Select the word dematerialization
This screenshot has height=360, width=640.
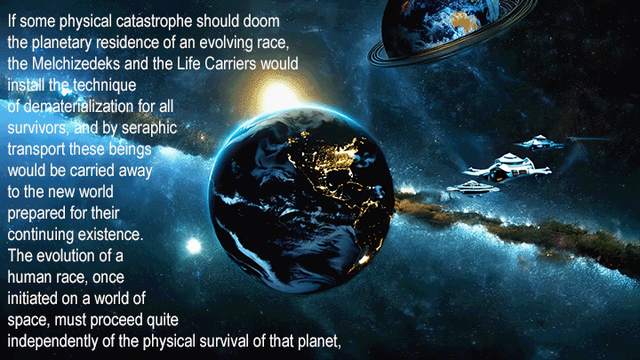click(x=78, y=106)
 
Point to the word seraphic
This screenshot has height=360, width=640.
click(x=149, y=129)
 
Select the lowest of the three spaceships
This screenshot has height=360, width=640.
click(x=473, y=188)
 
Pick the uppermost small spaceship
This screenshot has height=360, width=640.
click(x=540, y=142)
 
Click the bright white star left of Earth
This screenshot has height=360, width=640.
click(x=194, y=245)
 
